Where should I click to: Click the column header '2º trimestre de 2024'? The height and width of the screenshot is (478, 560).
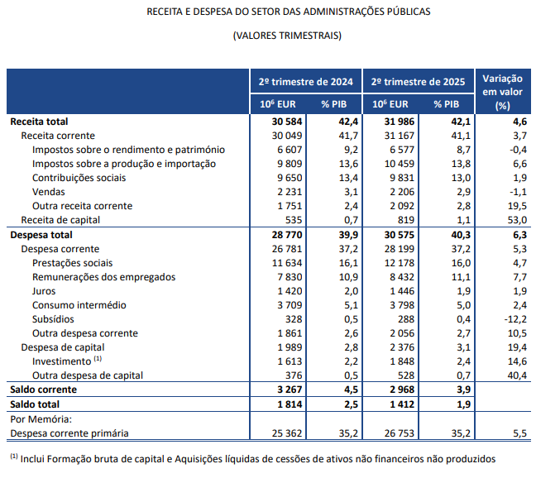(x=306, y=82)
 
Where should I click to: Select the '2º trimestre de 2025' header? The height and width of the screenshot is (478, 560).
(x=419, y=82)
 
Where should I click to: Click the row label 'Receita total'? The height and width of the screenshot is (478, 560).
(x=39, y=122)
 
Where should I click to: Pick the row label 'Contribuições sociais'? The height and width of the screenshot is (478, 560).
(x=79, y=178)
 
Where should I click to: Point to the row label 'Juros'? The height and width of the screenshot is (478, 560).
(x=45, y=291)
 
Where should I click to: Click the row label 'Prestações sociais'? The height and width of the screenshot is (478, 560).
(x=73, y=263)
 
